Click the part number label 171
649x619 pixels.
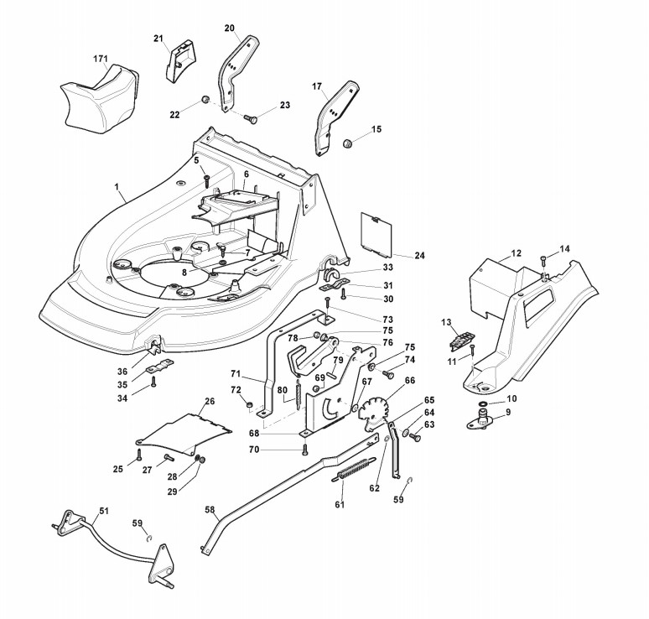point(101,57)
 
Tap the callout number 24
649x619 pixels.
point(419,255)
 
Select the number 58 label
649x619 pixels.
point(210,509)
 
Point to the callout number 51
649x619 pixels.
point(104,510)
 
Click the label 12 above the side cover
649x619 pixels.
point(516,252)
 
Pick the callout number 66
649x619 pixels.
point(410,380)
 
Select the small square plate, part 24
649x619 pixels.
point(376,231)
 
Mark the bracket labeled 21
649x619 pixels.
point(179,63)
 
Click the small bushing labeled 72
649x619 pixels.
point(251,405)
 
